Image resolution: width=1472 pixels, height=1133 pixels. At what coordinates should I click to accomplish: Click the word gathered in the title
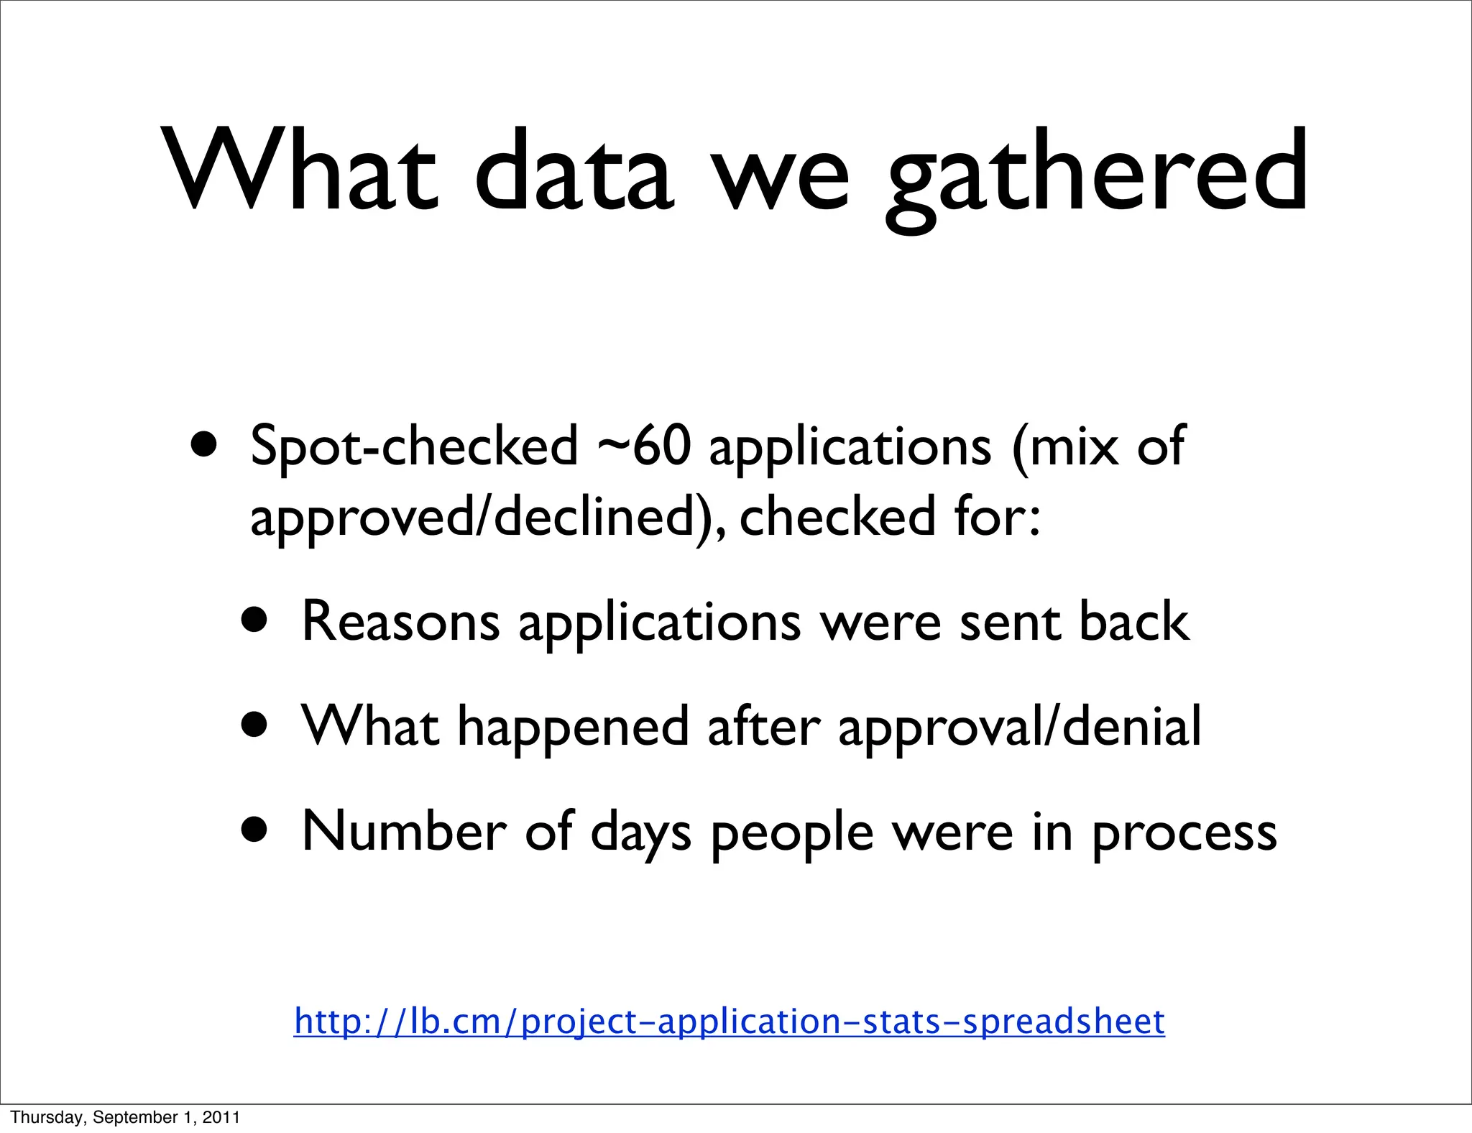pyautogui.click(x=1096, y=173)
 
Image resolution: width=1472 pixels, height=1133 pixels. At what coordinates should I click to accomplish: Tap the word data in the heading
pyautogui.click(x=574, y=173)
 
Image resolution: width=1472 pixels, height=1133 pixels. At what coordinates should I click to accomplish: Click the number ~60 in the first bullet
pyautogui.click(x=643, y=446)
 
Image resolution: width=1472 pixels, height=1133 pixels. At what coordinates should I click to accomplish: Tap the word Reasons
pyautogui.click(x=400, y=621)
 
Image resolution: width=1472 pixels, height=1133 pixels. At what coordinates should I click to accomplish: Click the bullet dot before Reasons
pyautogui.click(x=255, y=620)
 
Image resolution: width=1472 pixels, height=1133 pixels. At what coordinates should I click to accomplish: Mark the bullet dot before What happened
pyautogui.click(x=255, y=725)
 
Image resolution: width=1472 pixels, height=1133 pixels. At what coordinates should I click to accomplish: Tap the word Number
pyautogui.click(x=403, y=831)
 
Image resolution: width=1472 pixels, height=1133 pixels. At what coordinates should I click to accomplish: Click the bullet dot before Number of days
pyautogui.click(x=255, y=830)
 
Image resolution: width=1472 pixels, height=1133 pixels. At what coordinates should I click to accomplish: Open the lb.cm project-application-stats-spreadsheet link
pyautogui.click(x=729, y=1022)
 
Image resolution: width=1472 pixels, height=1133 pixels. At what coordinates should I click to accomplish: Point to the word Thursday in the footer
pyautogui.click(x=40, y=1117)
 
